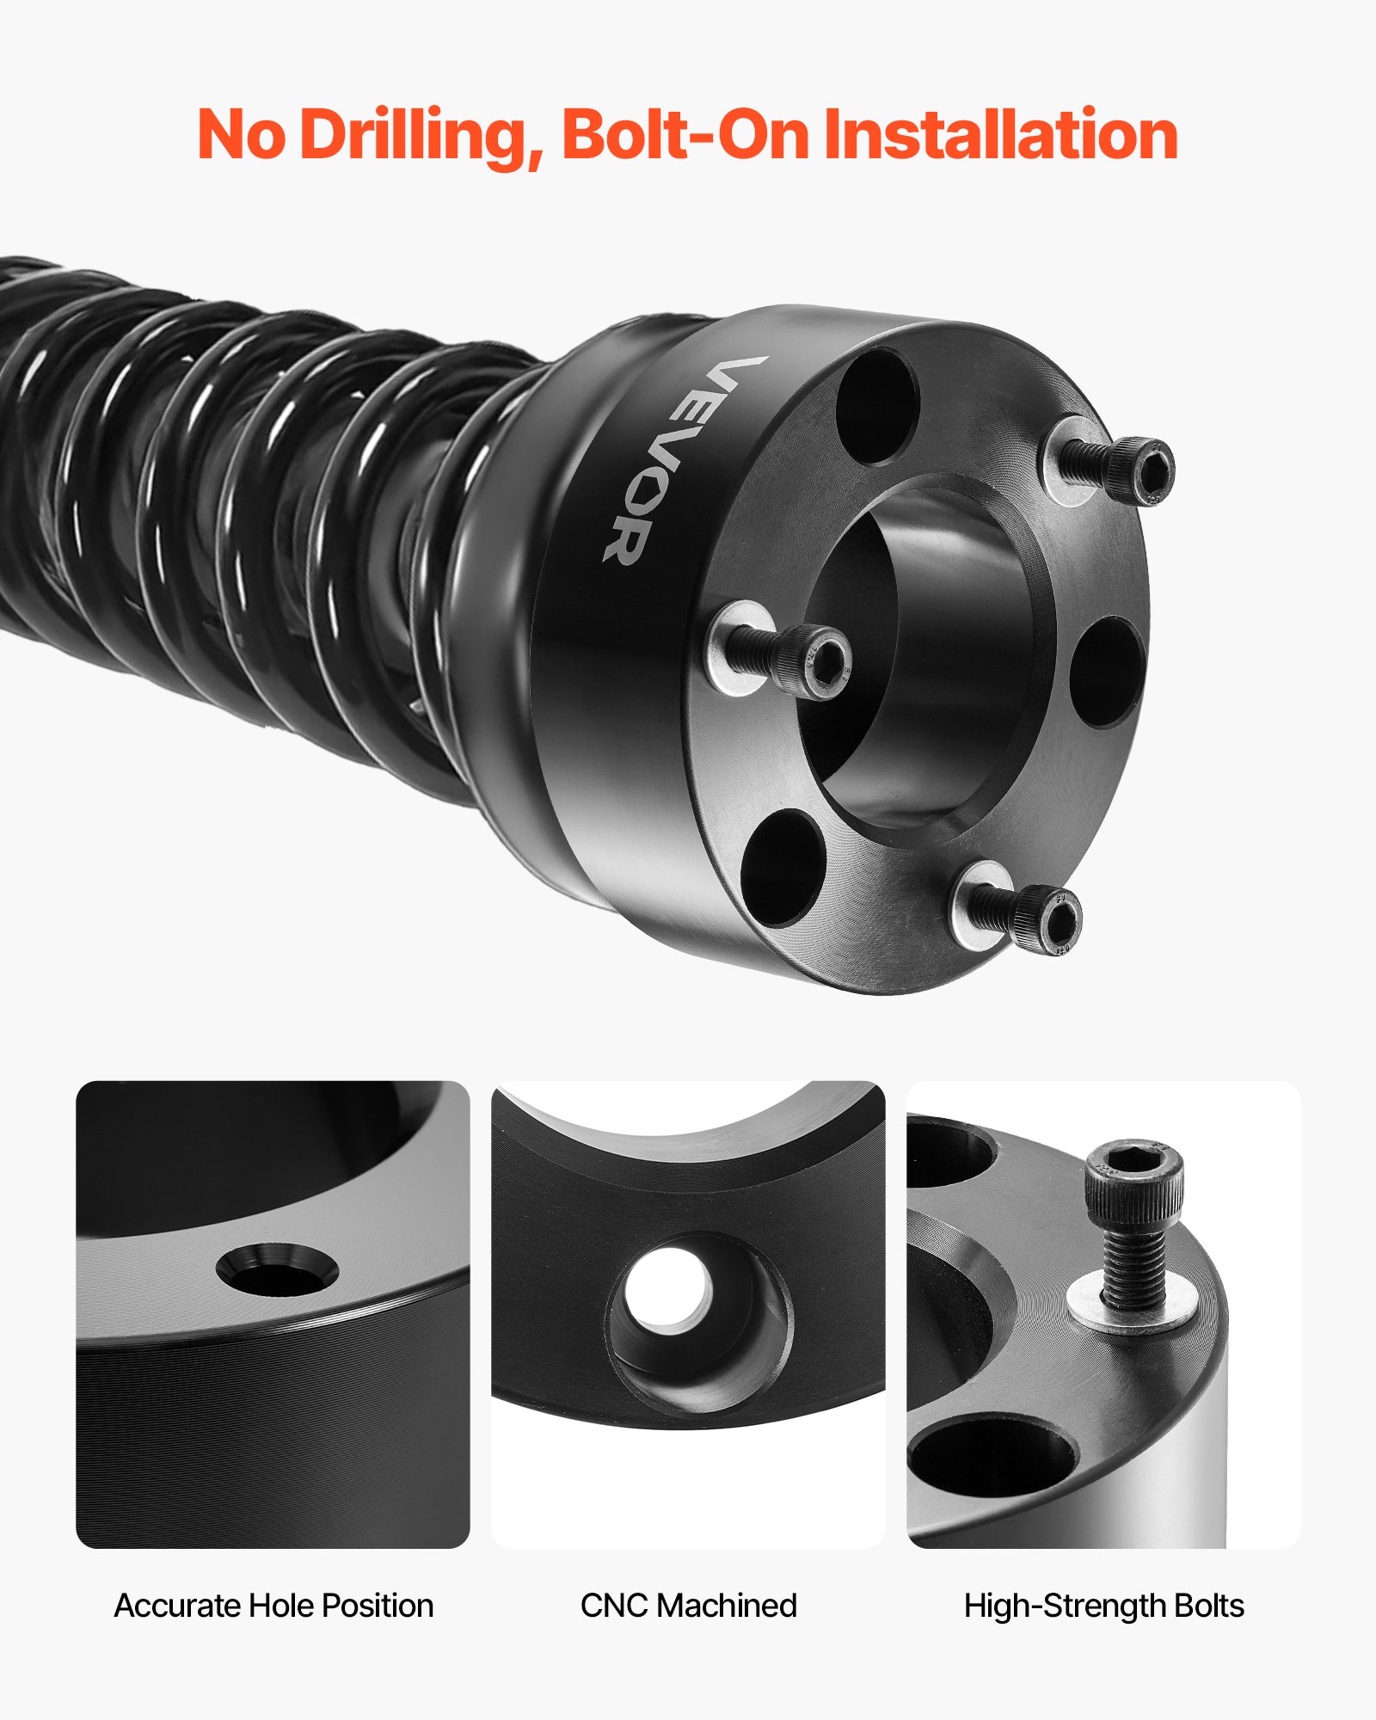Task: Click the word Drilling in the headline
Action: (x=421, y=136)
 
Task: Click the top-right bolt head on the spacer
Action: (x=1149, y=470)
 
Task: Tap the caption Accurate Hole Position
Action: (x=273, y=1606)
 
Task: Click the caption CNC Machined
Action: (x=688, y=1606)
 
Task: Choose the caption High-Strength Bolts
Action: (x=1103, y=1606)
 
